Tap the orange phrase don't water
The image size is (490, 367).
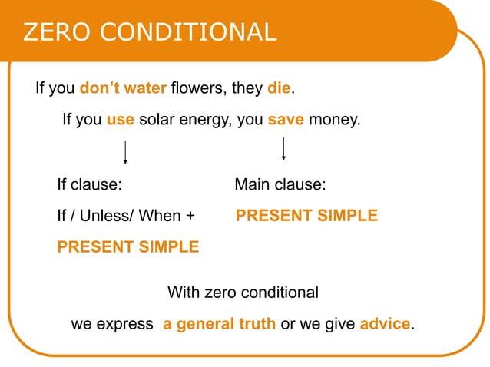coord(123,88)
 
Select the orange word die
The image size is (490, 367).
coord(279,88)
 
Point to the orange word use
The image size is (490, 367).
coord(121,121)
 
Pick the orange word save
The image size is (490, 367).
coord(286,121)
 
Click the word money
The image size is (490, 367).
coord(333,121)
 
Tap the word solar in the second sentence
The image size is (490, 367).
coord(158,121)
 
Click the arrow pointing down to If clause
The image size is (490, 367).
coord(125,151)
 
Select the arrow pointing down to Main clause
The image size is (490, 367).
coord(284,148)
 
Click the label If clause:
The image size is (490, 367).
coord(91,185)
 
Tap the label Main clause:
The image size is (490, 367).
coord(280,185)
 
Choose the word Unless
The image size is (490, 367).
coord(108,216)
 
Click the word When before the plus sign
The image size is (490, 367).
coord(161,216)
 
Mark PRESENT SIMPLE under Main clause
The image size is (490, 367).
coord(306,216)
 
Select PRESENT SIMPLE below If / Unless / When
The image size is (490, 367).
coord(127,247)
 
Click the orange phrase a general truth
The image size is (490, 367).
coord(219,324)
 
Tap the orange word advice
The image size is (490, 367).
coord(385,324)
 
